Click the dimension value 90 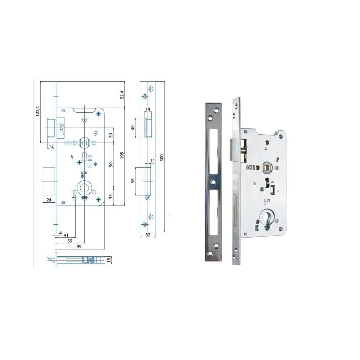pyautogui.click(x=111, y=165)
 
